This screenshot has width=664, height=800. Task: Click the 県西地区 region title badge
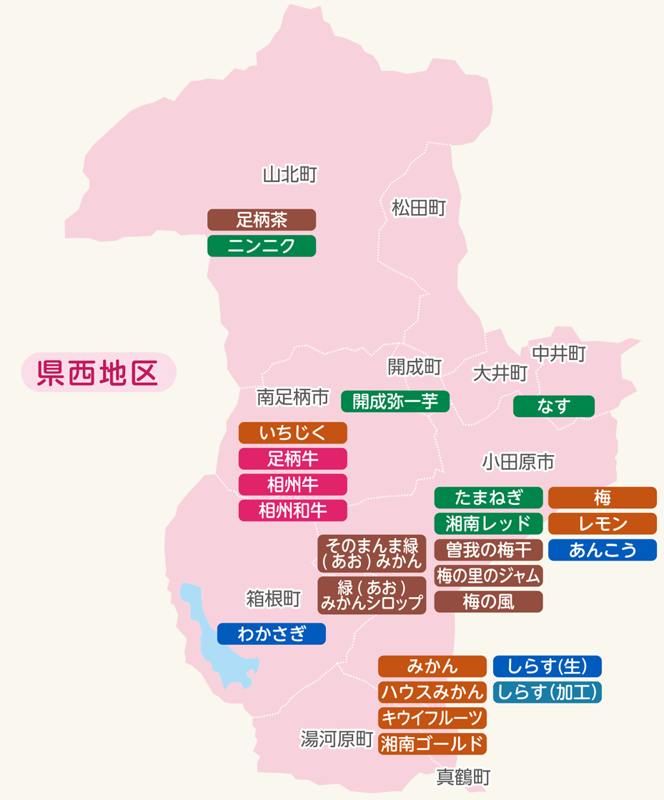(98, 372)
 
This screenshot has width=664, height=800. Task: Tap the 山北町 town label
(289, 174)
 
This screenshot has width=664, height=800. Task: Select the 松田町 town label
(419, 208)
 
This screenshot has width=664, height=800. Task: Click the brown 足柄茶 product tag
(262, 219)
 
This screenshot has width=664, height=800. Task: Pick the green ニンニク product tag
(262, 246)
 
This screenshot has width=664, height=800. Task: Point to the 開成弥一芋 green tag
(395, 401)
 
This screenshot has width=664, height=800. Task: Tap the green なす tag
(554, 406)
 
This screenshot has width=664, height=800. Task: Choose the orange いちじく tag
(292, 433)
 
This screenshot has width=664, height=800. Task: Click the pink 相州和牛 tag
(292, 511)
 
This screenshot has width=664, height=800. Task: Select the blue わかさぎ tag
(271, 634)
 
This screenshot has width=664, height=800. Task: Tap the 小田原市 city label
(518, 462)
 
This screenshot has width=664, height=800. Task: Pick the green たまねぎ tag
(488, 497)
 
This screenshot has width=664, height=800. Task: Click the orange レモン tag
(602, 524)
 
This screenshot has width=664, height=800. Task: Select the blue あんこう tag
(602, 550)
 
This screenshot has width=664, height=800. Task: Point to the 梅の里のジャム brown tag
(488, 575)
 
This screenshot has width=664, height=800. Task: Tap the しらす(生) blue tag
(547, 666)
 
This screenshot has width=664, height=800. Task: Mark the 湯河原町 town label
(337, 740)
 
